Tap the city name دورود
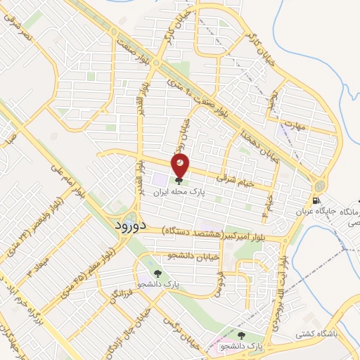click(129, 226)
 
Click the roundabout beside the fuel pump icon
click(321, 186)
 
